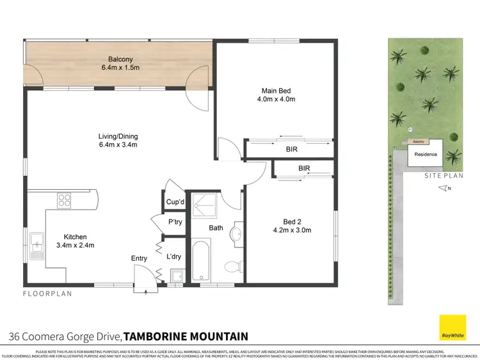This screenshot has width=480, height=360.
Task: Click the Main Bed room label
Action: (x=274, y=90)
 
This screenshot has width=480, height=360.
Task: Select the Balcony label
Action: (x=120, y=59)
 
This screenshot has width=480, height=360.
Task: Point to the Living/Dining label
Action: (x=118, y=136)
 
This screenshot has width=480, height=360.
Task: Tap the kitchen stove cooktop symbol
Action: (x=65, y=201)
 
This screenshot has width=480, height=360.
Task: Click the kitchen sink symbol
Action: (x=36, y=245)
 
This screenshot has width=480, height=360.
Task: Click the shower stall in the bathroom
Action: (x=205, y=205)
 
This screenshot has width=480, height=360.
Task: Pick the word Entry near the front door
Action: (x=139, y=258)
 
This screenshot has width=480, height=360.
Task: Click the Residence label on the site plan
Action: (x=426, y=154)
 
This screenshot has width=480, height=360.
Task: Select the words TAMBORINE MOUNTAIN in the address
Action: (x=185, y=336)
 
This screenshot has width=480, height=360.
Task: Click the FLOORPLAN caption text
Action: (x=48, y=294)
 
